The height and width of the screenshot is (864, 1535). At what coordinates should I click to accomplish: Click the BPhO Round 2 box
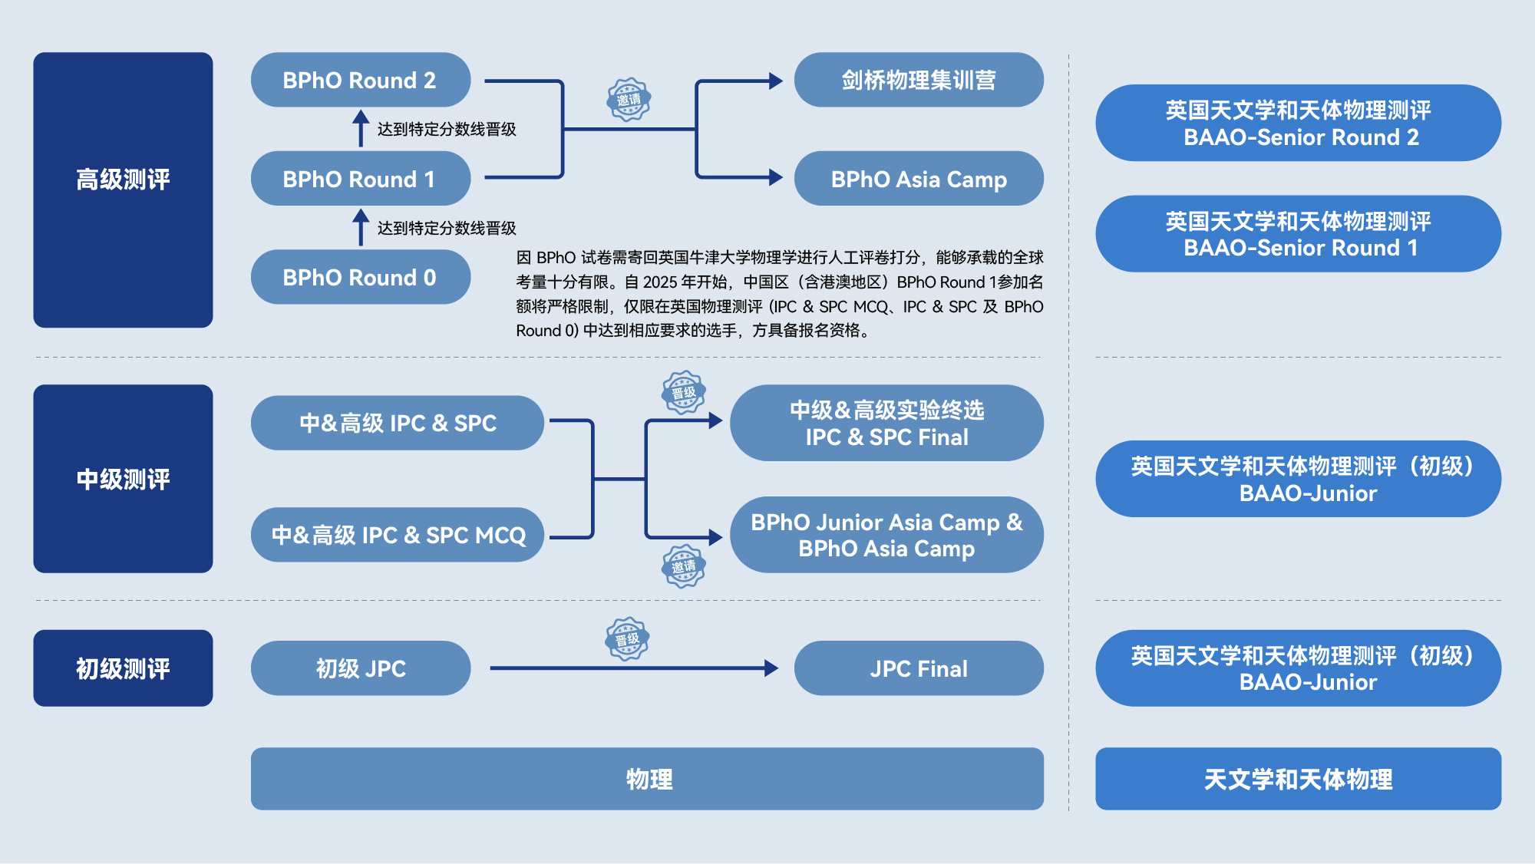[x=361, y=80]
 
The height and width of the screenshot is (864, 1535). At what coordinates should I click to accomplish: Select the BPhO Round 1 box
[x=361, y=179]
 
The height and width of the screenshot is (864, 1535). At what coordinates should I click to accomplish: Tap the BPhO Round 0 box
[x=361, y=277]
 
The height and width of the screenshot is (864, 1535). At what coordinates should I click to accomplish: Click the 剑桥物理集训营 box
[x=919, y=80]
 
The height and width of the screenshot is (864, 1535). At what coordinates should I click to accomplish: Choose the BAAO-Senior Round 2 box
[x=1298, y=123]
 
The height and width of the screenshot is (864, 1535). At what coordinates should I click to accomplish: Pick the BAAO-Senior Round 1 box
[x=1298, y=234]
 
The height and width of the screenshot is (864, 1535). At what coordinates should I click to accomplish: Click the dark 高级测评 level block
[x=123, y=190]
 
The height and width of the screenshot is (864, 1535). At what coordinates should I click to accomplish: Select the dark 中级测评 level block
[x=123, y=479]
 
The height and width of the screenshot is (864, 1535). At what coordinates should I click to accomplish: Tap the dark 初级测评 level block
[x=123, y=668]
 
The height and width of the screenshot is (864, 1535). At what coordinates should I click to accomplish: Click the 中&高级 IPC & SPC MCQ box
[x=398, y=535]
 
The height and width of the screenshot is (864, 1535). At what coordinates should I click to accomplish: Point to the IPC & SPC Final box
[x=886, y=423]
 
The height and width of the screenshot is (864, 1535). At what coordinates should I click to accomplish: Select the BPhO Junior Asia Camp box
[x=886, y=535]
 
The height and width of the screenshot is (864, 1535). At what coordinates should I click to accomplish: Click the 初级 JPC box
[x=361, y=668]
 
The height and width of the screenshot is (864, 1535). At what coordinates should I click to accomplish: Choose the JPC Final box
[x=919, y=668]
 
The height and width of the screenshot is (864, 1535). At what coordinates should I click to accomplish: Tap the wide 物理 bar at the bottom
[x=647, y=779]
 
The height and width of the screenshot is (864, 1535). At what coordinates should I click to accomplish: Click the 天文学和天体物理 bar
[x=1298, y=779]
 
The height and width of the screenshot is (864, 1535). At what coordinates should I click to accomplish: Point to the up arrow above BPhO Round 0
[x=361, y=227]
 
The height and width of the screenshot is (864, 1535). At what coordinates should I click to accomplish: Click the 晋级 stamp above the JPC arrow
[x=628, y=639]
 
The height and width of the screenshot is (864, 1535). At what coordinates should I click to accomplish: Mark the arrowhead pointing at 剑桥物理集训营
[x=776, y=81]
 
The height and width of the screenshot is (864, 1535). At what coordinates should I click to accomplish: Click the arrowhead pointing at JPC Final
[x=772, y=668]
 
